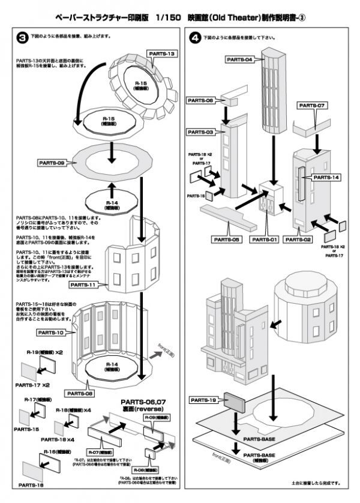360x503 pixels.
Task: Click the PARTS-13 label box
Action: pyautogui.click(x=159, y=54)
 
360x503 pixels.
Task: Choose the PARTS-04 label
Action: pyautogui.click(x=240, y=59)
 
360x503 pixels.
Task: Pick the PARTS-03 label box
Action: pyautogui.click(x=201, y=131)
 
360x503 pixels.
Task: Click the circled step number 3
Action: pyautogui.click(x=20, y=37)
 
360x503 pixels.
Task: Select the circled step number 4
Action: pyautogui.click(x=193, y=37)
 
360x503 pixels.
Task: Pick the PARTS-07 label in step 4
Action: pyautogui.click(x=312, y=106)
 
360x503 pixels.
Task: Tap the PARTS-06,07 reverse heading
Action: pyautogui.click(x=139, y=406)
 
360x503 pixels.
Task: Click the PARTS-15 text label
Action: pyautogui.click(x=28, y=429)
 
